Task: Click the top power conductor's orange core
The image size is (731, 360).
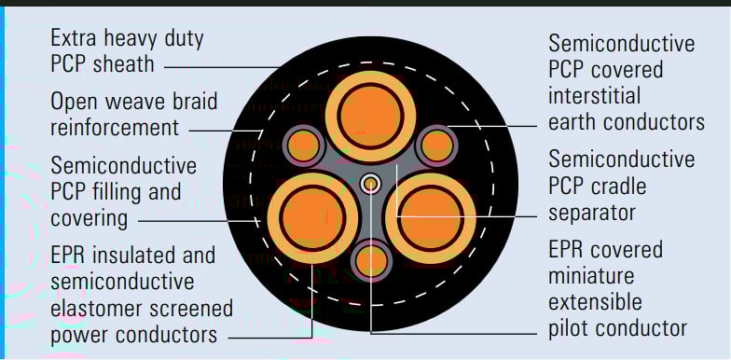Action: [x=370, y=118]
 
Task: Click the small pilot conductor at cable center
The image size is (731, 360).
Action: [x=371, y=183]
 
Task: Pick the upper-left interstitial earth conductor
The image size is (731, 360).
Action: [x=304, y=145]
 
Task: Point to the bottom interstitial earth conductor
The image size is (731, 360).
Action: [x=371, y=258]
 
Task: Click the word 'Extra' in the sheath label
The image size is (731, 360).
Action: [x=77, y=39]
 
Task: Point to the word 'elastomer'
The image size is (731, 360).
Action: [x=96, y=307]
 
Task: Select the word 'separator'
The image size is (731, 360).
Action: [x=592, y=212]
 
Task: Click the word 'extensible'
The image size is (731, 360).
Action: [x=595, y=302]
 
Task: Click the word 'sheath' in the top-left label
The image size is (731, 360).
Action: [x=131, y=65]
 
